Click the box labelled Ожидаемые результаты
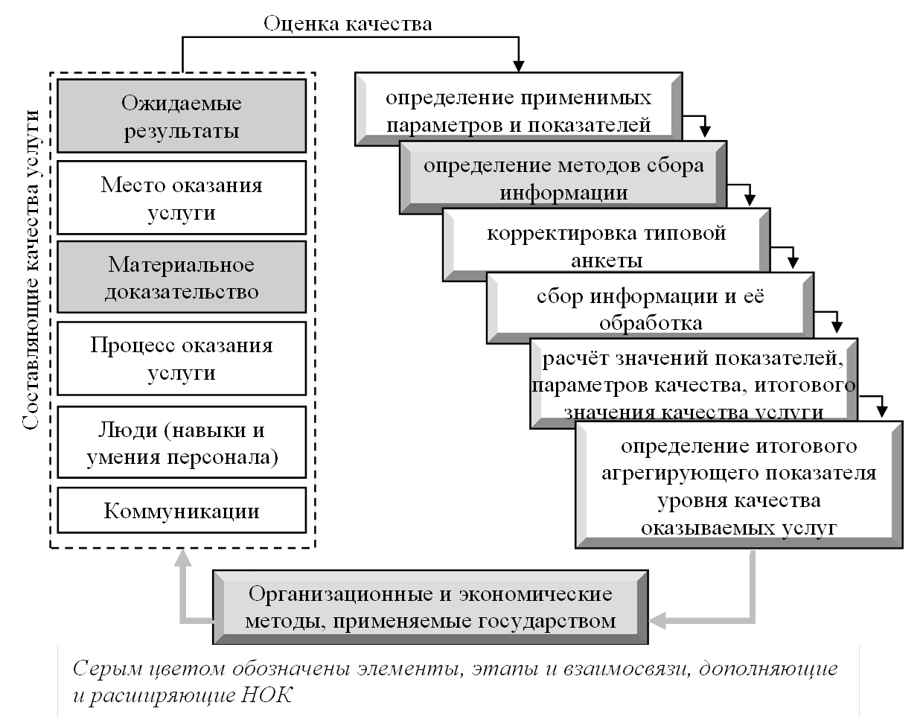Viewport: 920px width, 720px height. [182, 116]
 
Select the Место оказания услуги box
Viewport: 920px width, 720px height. [182, 198]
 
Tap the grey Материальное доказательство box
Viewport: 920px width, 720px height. [182, 277]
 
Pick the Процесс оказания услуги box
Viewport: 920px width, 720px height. [182, 358]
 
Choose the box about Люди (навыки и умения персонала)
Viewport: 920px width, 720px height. [182, 442]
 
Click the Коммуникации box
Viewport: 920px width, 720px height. [182, 511]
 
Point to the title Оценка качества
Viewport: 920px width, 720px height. [348, 24]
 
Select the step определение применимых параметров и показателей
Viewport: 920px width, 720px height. [518, 110]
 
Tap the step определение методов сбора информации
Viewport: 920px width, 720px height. [563, 179]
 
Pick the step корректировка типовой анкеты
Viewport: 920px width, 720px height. [606, 246]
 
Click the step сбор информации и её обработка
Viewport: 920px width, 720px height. [650, 309]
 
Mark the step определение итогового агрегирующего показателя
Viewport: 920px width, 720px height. [738, 485]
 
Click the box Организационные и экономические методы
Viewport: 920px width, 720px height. [430, 607]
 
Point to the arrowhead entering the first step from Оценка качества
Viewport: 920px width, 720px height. [520, 66]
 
